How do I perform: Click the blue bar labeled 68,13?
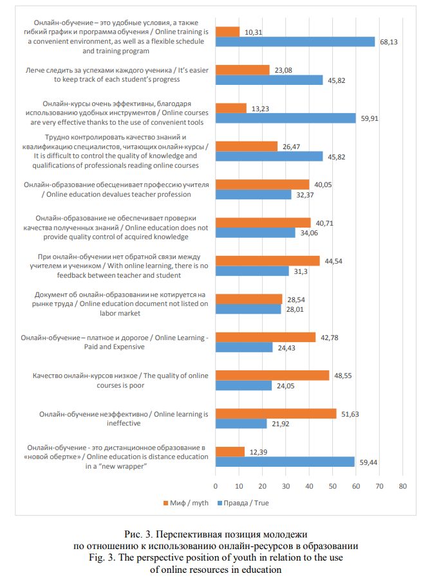point(295,42)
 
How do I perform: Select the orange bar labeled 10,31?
point(227,32)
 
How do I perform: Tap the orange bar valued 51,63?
point(276,413)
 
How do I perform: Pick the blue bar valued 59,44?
point(285,462)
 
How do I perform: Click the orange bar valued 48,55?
point(272,375)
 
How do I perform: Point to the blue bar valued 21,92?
point(241,424)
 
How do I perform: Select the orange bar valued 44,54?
point(268,261)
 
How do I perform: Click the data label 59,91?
point(370,118)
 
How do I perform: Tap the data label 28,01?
point(295,310)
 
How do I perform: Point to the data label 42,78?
point(330,338)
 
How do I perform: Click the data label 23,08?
point(283,70)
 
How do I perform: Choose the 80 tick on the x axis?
point(403,486)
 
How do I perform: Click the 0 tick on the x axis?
point(216,486)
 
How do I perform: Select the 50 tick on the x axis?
point(333,486)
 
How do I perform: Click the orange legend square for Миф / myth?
point(166,503)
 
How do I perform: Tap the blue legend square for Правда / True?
point(220,503)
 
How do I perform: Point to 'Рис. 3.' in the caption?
point(138,534)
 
